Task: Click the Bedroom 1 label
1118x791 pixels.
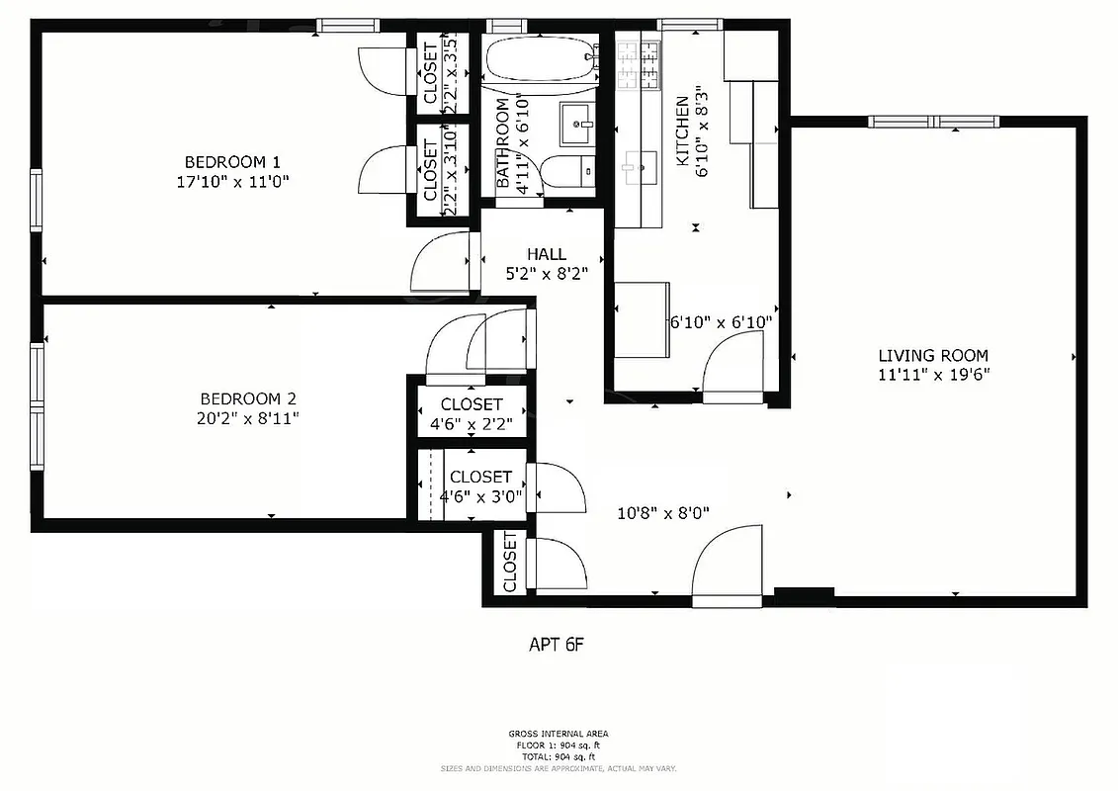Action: coord(233,162)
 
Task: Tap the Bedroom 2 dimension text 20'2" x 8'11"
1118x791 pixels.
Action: coord(248,418)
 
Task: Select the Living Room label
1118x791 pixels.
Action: coord(932,356)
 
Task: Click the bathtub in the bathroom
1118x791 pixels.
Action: coord(542,59)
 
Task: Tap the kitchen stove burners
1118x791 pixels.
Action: coord(639,61)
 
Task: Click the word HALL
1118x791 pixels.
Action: coord(547,255)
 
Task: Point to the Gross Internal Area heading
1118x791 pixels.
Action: coord(559,734)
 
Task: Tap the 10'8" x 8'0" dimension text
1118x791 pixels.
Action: coord(662,513)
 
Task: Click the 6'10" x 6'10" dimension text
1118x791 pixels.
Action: coord(721,321)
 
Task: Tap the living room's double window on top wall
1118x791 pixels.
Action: coord(934,122)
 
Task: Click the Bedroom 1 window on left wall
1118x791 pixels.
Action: coord(37,201)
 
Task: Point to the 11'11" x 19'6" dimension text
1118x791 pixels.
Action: coord(932,375)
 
